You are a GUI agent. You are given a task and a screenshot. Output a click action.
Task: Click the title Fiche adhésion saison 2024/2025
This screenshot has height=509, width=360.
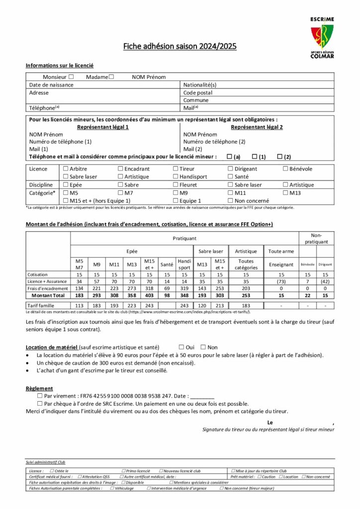(x=180, y=47)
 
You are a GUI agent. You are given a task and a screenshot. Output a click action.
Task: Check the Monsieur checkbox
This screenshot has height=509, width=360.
(x=71, y=77)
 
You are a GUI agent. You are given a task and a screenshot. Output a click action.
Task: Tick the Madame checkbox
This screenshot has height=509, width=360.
(x=111, y=77)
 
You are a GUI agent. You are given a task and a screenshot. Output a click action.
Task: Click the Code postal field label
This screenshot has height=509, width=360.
(x=198, y=92)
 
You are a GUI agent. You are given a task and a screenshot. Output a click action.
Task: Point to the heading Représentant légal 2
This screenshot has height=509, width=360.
(x=257, y=127)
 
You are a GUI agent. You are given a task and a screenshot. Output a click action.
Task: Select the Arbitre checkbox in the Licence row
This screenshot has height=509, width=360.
(x=66, y=169)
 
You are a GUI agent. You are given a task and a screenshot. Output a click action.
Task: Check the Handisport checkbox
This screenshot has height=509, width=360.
(x=176, y=176)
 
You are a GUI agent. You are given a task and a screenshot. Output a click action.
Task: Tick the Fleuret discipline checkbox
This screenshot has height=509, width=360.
(x=176, y=185)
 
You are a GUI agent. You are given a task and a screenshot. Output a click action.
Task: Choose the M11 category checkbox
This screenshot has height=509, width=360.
(x=230, y=192)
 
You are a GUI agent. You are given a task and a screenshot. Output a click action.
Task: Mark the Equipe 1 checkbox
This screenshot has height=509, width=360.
(x=176, y=200)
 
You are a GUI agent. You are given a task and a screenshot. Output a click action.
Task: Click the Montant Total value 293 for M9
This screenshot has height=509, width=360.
(x=97, y=295)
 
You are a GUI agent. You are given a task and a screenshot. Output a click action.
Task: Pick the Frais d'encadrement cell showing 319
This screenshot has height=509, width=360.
(x=184, y=288)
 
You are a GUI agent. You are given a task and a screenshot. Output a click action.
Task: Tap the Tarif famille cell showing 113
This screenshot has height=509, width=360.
(x=79, y=305)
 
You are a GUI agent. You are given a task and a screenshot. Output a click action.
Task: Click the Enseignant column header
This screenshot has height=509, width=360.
(x=281, y=265)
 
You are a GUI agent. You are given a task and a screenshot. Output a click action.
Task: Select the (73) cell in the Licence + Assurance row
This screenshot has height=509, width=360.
(x=281, y=281)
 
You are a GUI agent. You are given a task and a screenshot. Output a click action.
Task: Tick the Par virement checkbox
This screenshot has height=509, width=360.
(x=40, y=396)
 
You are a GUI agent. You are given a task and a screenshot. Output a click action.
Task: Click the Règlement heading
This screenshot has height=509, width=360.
(x=39, y=388)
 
